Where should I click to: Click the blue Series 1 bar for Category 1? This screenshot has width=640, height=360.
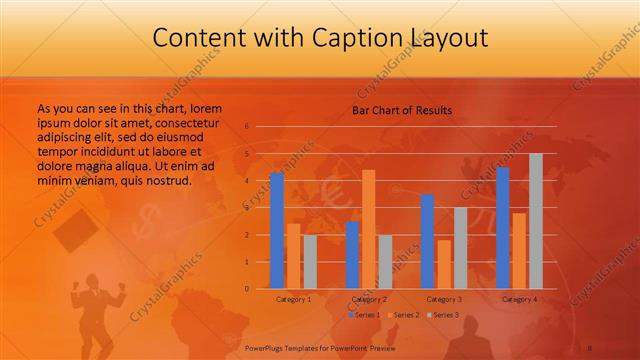(x=277, y=231)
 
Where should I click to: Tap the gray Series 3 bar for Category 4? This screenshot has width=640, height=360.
(x=536, y=221)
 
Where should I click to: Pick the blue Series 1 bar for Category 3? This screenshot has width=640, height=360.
(x=427, y=241)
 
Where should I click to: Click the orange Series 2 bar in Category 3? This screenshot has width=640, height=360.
(x=443, y=264)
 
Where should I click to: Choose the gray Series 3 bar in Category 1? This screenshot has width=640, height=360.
(x=309, y=261)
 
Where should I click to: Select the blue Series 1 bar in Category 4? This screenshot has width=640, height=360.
(x=503, y=228)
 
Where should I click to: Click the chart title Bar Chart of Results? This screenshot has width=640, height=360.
(x=402, y=110)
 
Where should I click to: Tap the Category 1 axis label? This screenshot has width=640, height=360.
(x=293, y=299)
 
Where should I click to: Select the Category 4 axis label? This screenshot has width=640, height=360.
(x=519, y=299)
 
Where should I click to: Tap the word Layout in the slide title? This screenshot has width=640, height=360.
(x=445, y=38)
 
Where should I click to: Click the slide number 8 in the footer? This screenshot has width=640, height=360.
(x=590, y=348)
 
